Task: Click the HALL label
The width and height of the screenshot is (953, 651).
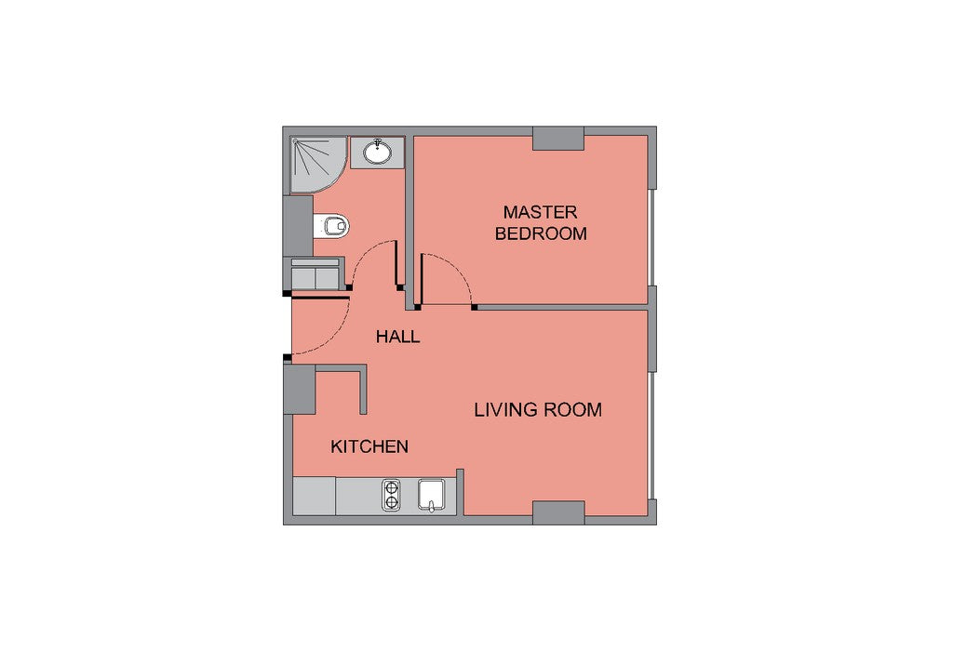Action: (x=397, y=337)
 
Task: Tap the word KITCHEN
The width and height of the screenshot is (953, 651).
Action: (x=369, y=447)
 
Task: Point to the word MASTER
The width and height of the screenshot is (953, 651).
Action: (x=541, y=213)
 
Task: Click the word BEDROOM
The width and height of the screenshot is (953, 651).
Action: (x=541, y=233)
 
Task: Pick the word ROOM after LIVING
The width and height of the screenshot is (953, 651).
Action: (x=572, y=410)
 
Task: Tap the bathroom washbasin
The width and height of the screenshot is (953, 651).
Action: (x=377, y=152)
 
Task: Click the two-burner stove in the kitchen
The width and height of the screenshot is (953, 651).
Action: (x=391, y=496)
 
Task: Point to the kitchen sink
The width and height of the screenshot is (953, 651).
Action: (x=432, y=496)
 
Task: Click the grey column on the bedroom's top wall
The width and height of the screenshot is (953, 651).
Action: (x=558, y=139)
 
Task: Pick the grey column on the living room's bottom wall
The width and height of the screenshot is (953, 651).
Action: (x=558, y=512)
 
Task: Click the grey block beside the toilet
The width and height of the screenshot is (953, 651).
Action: (x=299, y=226)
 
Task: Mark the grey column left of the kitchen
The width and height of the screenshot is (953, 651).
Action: (x=300, y=390)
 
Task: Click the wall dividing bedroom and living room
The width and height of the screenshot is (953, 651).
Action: (x=562, y=307)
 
